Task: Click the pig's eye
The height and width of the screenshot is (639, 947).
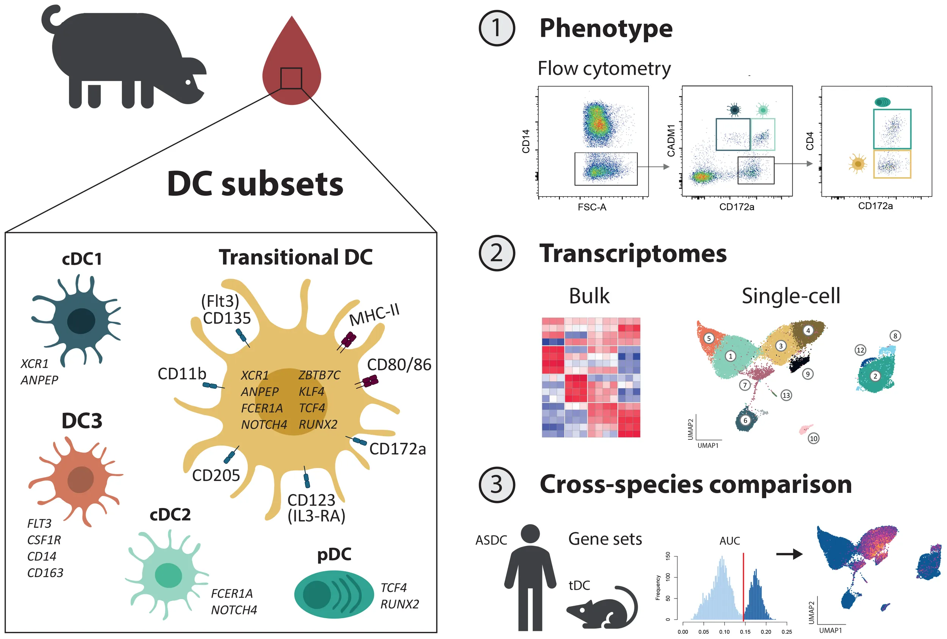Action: click(x=188, y=82)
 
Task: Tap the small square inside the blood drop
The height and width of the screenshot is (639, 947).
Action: click(x=291, y=78)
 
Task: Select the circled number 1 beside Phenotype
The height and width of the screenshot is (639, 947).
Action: click(x=496, y=28)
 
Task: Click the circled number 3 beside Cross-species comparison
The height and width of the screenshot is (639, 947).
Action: click(x=496, y=484)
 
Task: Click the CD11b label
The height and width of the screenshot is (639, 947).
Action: click(x=182, y=374)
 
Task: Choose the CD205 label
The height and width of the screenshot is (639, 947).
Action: click(x=216, y=475)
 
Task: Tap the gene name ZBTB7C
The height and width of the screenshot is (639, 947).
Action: click(x=319, y=375)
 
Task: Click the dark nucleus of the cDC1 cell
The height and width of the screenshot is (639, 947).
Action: click(x=81, y=321)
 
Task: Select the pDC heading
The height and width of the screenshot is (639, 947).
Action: click(x=334, y=554)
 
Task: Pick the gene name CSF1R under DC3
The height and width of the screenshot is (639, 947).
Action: click(x=44, y=540)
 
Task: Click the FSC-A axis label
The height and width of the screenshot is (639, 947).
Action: click(x=592, y=208)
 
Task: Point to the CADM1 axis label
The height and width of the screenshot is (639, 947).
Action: click(x=671, y=141)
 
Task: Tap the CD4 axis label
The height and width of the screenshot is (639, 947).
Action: click(x=809, y=141)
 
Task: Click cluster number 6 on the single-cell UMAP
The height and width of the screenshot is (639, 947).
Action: click(x=745, y=420)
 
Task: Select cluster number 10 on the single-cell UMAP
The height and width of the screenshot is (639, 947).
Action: click(x=813, y=439)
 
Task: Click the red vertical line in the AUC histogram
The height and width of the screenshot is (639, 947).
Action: click(x=743, y=587)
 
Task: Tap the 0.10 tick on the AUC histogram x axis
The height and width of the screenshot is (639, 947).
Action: click(x=724, y=632)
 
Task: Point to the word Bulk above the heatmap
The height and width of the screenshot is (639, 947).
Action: click(x=589, y=296)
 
